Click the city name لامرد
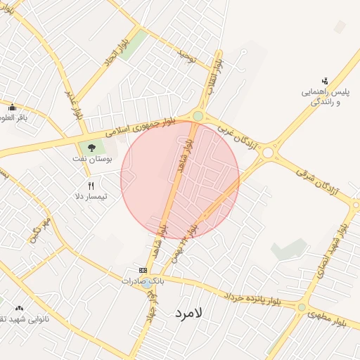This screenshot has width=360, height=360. point(185,314)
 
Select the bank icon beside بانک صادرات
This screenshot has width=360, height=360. point(143,271)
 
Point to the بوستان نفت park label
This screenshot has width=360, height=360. point(92,158)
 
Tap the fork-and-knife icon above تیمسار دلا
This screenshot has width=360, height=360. point(90,186)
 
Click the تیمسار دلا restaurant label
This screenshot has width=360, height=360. point(91,196)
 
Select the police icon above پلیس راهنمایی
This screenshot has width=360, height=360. point(324,82)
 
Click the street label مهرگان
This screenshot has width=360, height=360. point(39,231)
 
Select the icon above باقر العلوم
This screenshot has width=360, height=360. point(12,108)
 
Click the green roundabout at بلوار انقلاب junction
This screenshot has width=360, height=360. point(198,116)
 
